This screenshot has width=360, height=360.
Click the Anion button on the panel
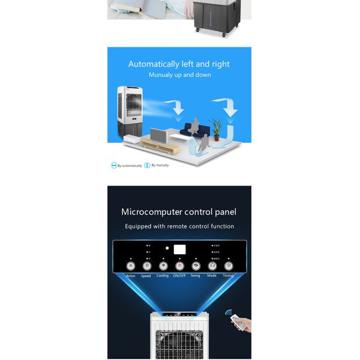click(130, 266)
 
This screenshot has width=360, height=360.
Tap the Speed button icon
click(146, 266)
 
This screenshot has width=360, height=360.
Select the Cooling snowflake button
click(163, 266)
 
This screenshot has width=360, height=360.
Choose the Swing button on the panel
click(196, 266)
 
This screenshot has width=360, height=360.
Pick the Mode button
click(212, 266)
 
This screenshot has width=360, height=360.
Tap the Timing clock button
click(229, 266)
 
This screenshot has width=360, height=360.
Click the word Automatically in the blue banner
click(154, 64)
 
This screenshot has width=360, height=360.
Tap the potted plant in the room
click(216, 128)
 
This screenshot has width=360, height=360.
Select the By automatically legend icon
click(113, 165)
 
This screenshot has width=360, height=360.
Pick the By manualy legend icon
click(147, 165)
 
